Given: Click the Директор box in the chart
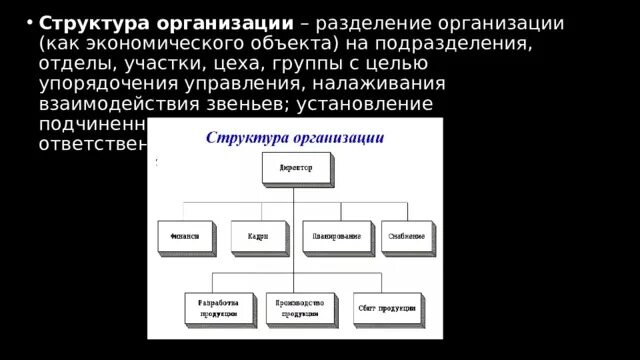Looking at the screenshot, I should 293,169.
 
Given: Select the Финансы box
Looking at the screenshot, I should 184,237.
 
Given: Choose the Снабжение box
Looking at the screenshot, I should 407,237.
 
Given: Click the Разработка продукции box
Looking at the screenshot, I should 218,309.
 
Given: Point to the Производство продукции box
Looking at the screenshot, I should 299,309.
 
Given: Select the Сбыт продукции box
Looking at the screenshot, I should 387,309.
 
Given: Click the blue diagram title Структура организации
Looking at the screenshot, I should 293,136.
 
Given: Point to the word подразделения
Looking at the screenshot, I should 466,45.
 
